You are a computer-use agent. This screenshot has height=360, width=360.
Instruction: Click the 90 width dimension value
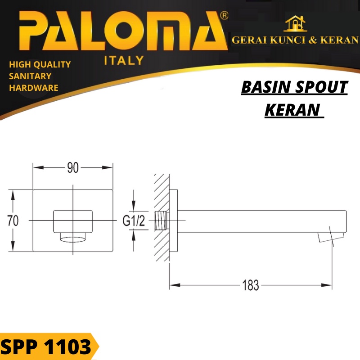[x=73, y=168]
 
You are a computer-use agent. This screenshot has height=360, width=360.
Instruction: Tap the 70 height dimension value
[x=13, y=220]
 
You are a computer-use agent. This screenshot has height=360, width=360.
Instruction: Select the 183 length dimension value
[x=251, y=285]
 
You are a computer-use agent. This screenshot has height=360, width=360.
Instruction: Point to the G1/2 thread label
[x=134, y=221]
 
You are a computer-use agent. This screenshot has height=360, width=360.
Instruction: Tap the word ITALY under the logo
[x=124, y=60]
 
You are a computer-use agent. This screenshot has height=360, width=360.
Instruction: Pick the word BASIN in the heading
[x=262, y=87]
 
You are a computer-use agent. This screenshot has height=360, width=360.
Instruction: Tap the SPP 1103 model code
[x=46, y=347]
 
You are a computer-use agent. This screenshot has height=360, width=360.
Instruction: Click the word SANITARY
[x=30, y=76]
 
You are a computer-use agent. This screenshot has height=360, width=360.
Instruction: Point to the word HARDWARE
[x=34, y=88]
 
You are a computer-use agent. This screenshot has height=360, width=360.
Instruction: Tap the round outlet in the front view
[x=73, y=237]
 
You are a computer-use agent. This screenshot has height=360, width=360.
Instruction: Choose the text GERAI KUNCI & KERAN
[x=295, y=40]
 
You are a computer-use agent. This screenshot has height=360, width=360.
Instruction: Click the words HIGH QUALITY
[x=40, y=64]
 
